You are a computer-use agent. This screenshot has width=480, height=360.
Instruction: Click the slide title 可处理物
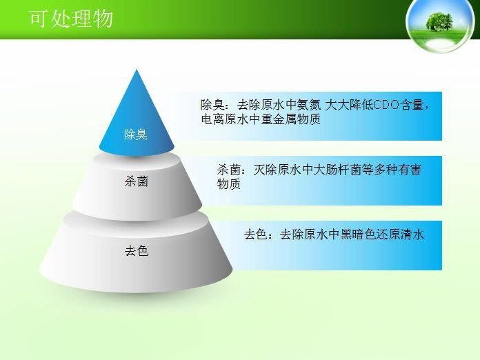72,19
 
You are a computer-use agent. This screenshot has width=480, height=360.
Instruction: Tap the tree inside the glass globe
439,21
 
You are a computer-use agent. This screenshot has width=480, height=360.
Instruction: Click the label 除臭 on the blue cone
136,134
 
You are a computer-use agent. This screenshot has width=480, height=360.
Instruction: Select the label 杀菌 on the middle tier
137,181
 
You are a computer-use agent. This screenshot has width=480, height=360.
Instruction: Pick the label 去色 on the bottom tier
137,251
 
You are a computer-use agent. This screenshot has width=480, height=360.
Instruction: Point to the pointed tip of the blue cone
137,70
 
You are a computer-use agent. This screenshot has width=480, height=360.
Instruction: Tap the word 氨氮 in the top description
309,105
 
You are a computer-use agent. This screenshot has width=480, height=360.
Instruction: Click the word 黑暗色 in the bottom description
358,234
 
